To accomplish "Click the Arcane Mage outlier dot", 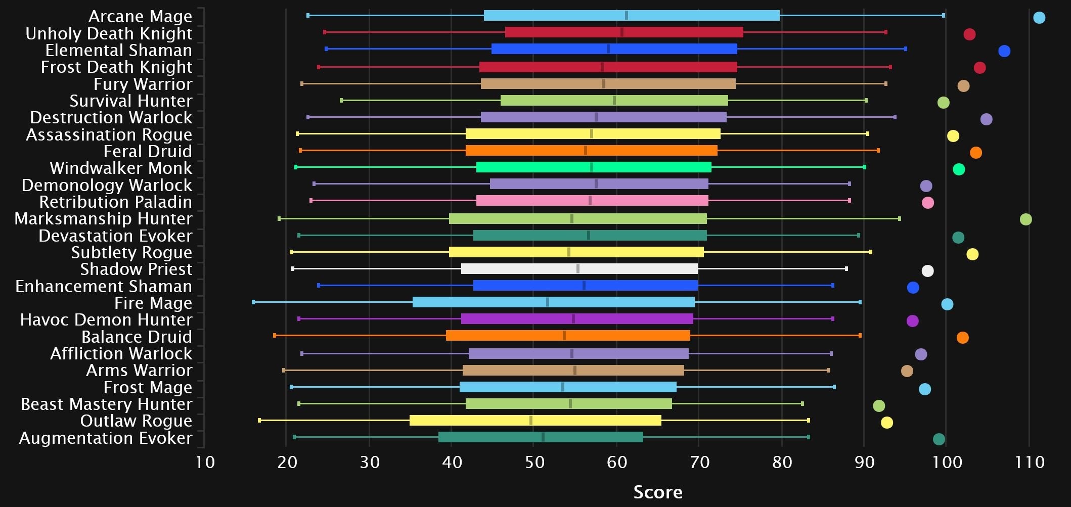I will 1039,18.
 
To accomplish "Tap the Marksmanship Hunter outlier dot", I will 1025,219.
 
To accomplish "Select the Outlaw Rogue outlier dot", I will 886,423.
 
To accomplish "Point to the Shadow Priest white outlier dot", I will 927,271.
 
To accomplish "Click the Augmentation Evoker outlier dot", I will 939,439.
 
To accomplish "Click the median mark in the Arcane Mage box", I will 627,15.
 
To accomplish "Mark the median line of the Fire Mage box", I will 548,302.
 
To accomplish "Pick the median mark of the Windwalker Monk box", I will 592,167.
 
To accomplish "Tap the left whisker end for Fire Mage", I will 253,302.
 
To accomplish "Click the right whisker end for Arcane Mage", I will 944,16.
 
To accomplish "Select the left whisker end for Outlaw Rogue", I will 259,420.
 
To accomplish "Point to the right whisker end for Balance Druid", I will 860,336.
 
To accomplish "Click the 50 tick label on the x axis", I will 534,462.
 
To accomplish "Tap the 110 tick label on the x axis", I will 1030,462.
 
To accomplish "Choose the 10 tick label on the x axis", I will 205,462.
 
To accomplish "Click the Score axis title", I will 658,492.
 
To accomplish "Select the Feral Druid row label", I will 148,151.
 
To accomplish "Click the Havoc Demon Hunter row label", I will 106,319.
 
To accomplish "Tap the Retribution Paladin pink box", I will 592,201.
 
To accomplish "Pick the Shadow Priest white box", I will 579,269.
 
